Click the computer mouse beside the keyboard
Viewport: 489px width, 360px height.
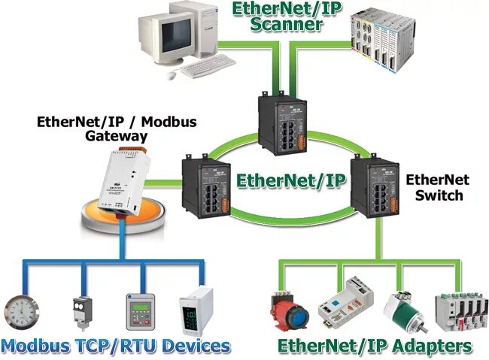point(172,75)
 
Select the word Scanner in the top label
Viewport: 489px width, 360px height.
point(288,24)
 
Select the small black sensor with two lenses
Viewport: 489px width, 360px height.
point(81,313)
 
